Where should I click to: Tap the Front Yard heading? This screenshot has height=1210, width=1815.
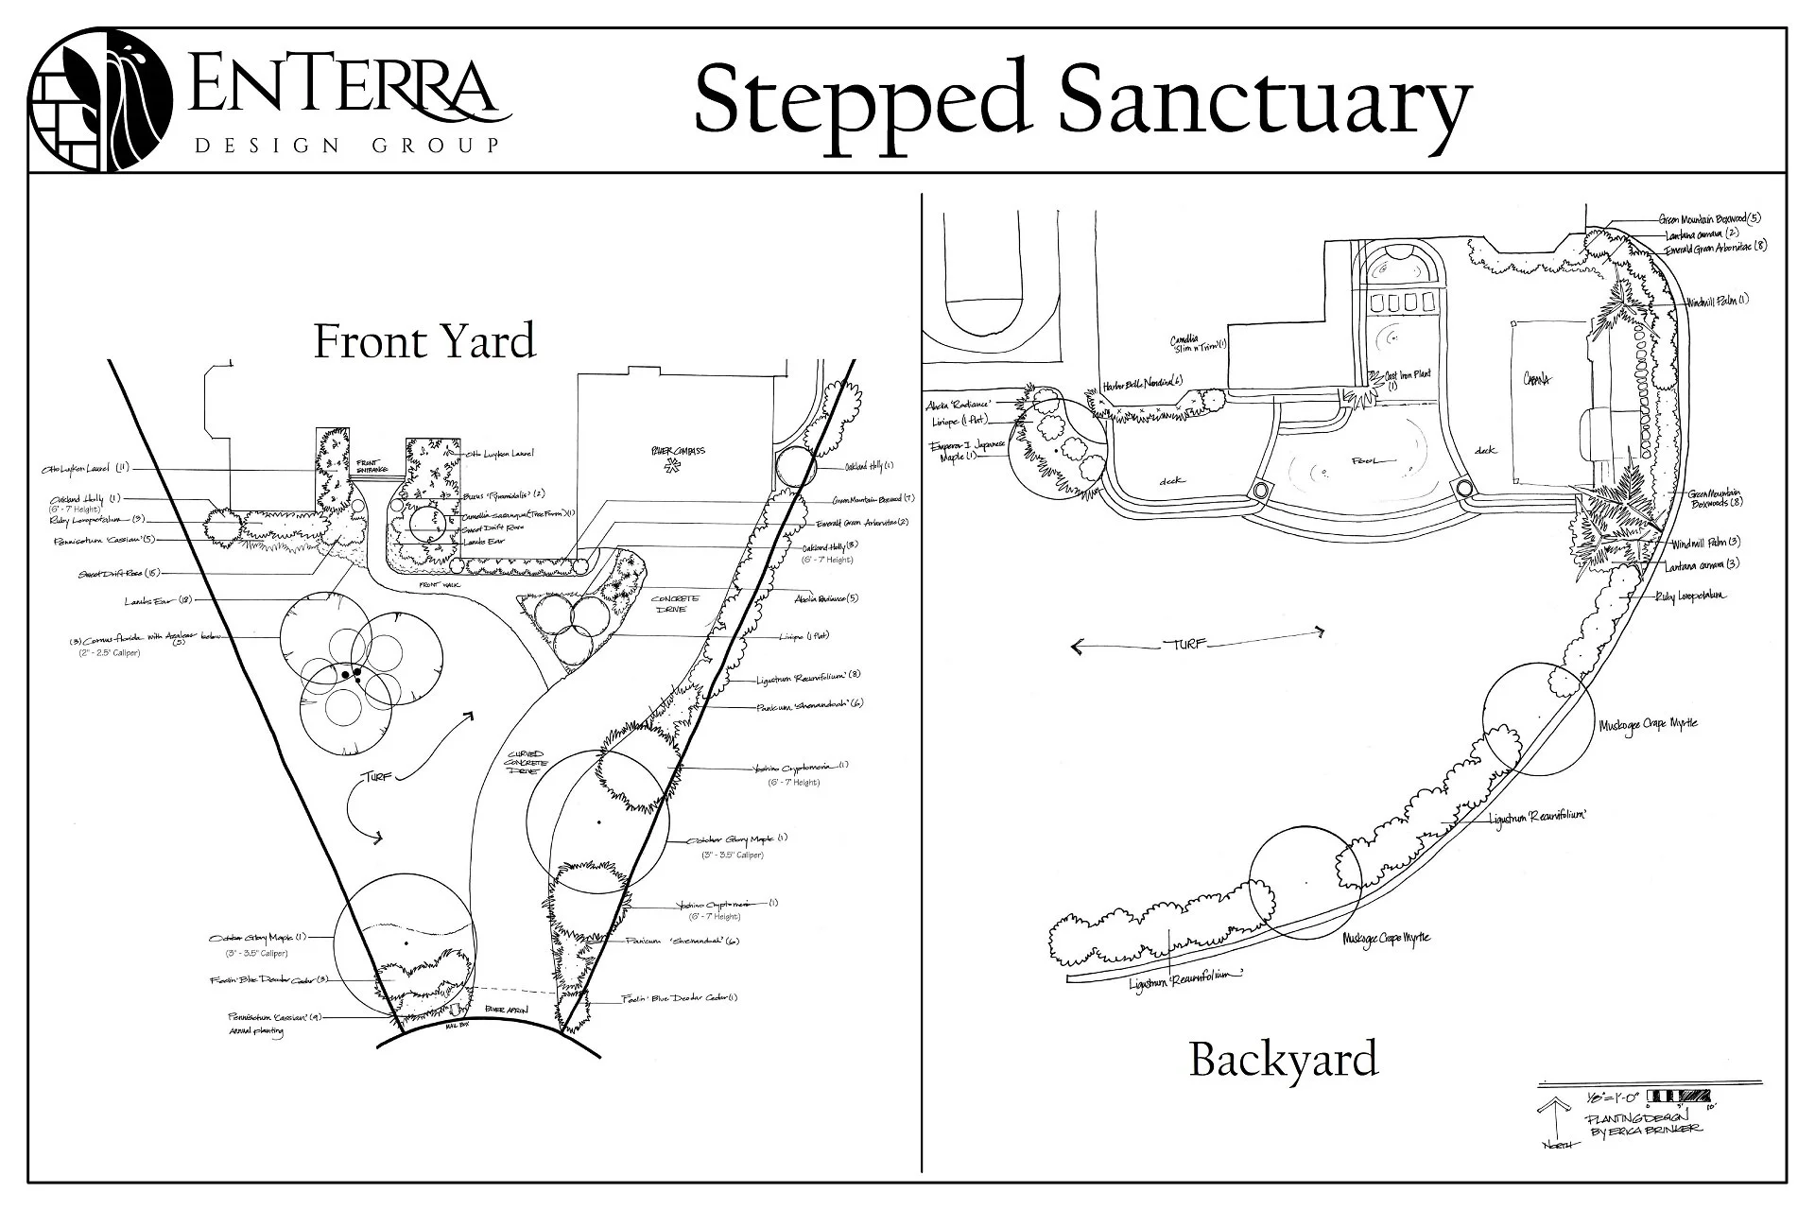click(424, 341)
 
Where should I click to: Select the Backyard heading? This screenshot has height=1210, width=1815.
click(1283, 1059)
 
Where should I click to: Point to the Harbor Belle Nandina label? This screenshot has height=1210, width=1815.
click(1143, 385)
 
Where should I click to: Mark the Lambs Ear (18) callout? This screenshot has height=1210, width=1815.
click(158, 601)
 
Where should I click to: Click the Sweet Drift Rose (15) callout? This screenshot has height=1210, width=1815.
click(119, 574)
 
